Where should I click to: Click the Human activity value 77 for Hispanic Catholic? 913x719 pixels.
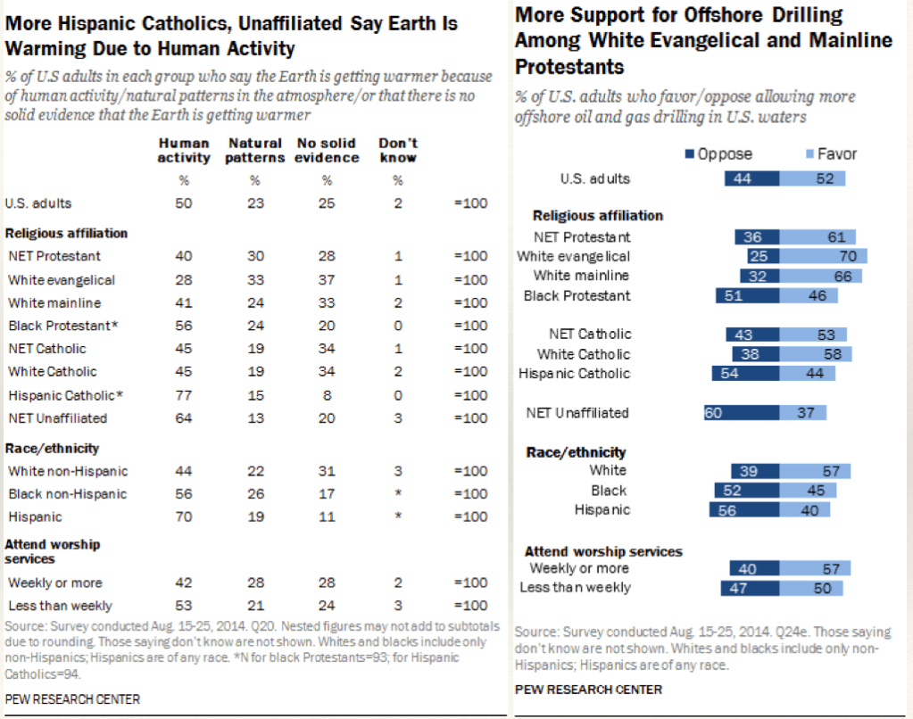(x=184, y=395)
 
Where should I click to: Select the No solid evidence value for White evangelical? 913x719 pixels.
(x=326, y=280)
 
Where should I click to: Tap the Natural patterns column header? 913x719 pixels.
(x=255, y=150)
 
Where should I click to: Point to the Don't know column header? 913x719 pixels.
(x=397, y=150)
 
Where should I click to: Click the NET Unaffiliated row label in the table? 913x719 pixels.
(x=58, y=418)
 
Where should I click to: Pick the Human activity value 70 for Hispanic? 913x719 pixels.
(x=184, y=517)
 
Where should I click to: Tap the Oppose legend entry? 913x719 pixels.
(x=718, y=153)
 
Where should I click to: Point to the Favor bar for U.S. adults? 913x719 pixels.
(x=812, y=178)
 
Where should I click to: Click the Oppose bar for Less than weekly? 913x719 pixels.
(x=749, y=587)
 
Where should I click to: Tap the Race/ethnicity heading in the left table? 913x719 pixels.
(x=53, y=448)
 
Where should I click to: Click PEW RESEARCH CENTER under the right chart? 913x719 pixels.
(x=588, y=690)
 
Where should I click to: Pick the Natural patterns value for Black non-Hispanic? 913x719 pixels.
(x=255, y=494)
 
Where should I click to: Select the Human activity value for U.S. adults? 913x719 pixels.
(x=184, y=203)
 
